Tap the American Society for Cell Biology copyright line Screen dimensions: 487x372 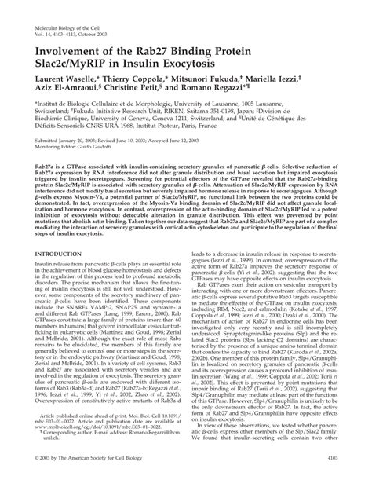86,478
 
